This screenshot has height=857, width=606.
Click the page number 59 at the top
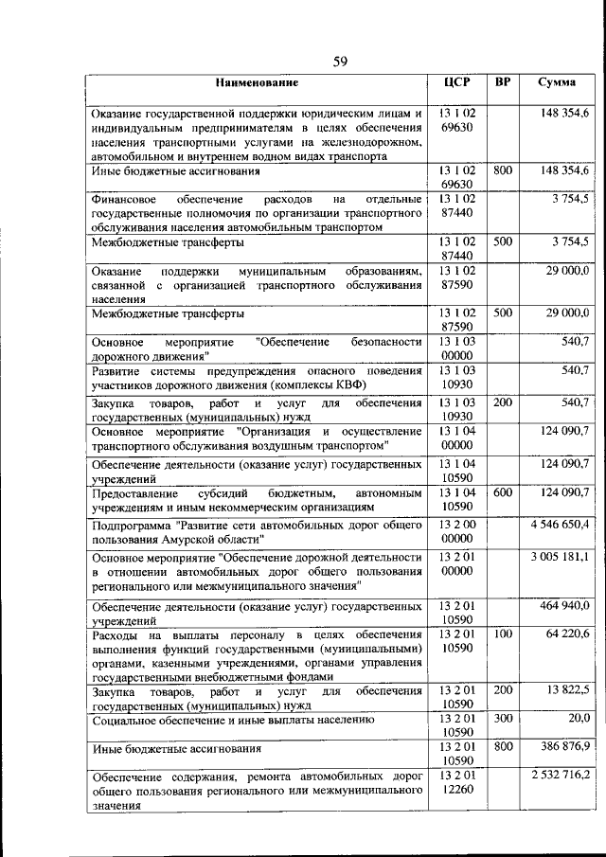coord(341,62)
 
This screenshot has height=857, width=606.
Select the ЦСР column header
coord(457,82)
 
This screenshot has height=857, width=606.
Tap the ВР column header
coord(503,82)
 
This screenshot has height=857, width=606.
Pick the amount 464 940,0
coord(566,604)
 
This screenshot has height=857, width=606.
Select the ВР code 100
coord(503,633)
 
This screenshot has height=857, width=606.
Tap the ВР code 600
coord(503,492)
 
